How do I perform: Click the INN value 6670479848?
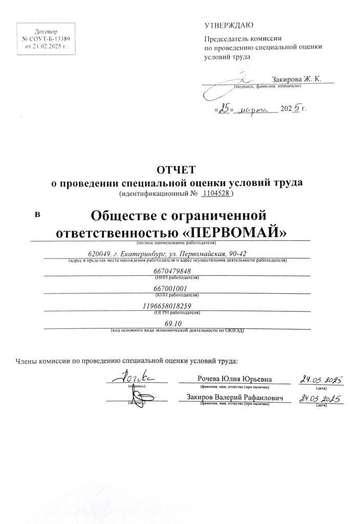tap(172, 271)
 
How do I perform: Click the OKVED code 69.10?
tap(174, 323)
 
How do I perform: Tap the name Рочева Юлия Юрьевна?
tap(234, 379)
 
